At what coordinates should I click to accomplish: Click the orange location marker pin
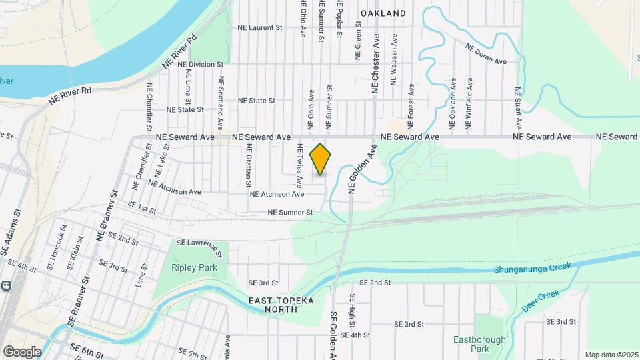pyautogui.click(x=321, y=159)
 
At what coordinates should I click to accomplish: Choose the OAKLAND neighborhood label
pyautogui.click(x=383, y=13)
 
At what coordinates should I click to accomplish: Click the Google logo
pyautogui.click(x=22, y=351)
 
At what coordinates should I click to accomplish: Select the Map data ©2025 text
pyautogui.click(x=612, y=355)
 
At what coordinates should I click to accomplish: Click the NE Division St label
pyautogui.click(x=201, y=65)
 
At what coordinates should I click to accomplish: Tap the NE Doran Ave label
pyautogui.click(x=487, y=54)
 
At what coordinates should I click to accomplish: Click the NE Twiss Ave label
pyautogui.click(x=300, y=165)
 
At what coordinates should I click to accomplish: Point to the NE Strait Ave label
pyautogui.click(x=517, y=107)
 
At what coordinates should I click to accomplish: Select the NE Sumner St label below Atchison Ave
pyautogui.click(x=290, y=213)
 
